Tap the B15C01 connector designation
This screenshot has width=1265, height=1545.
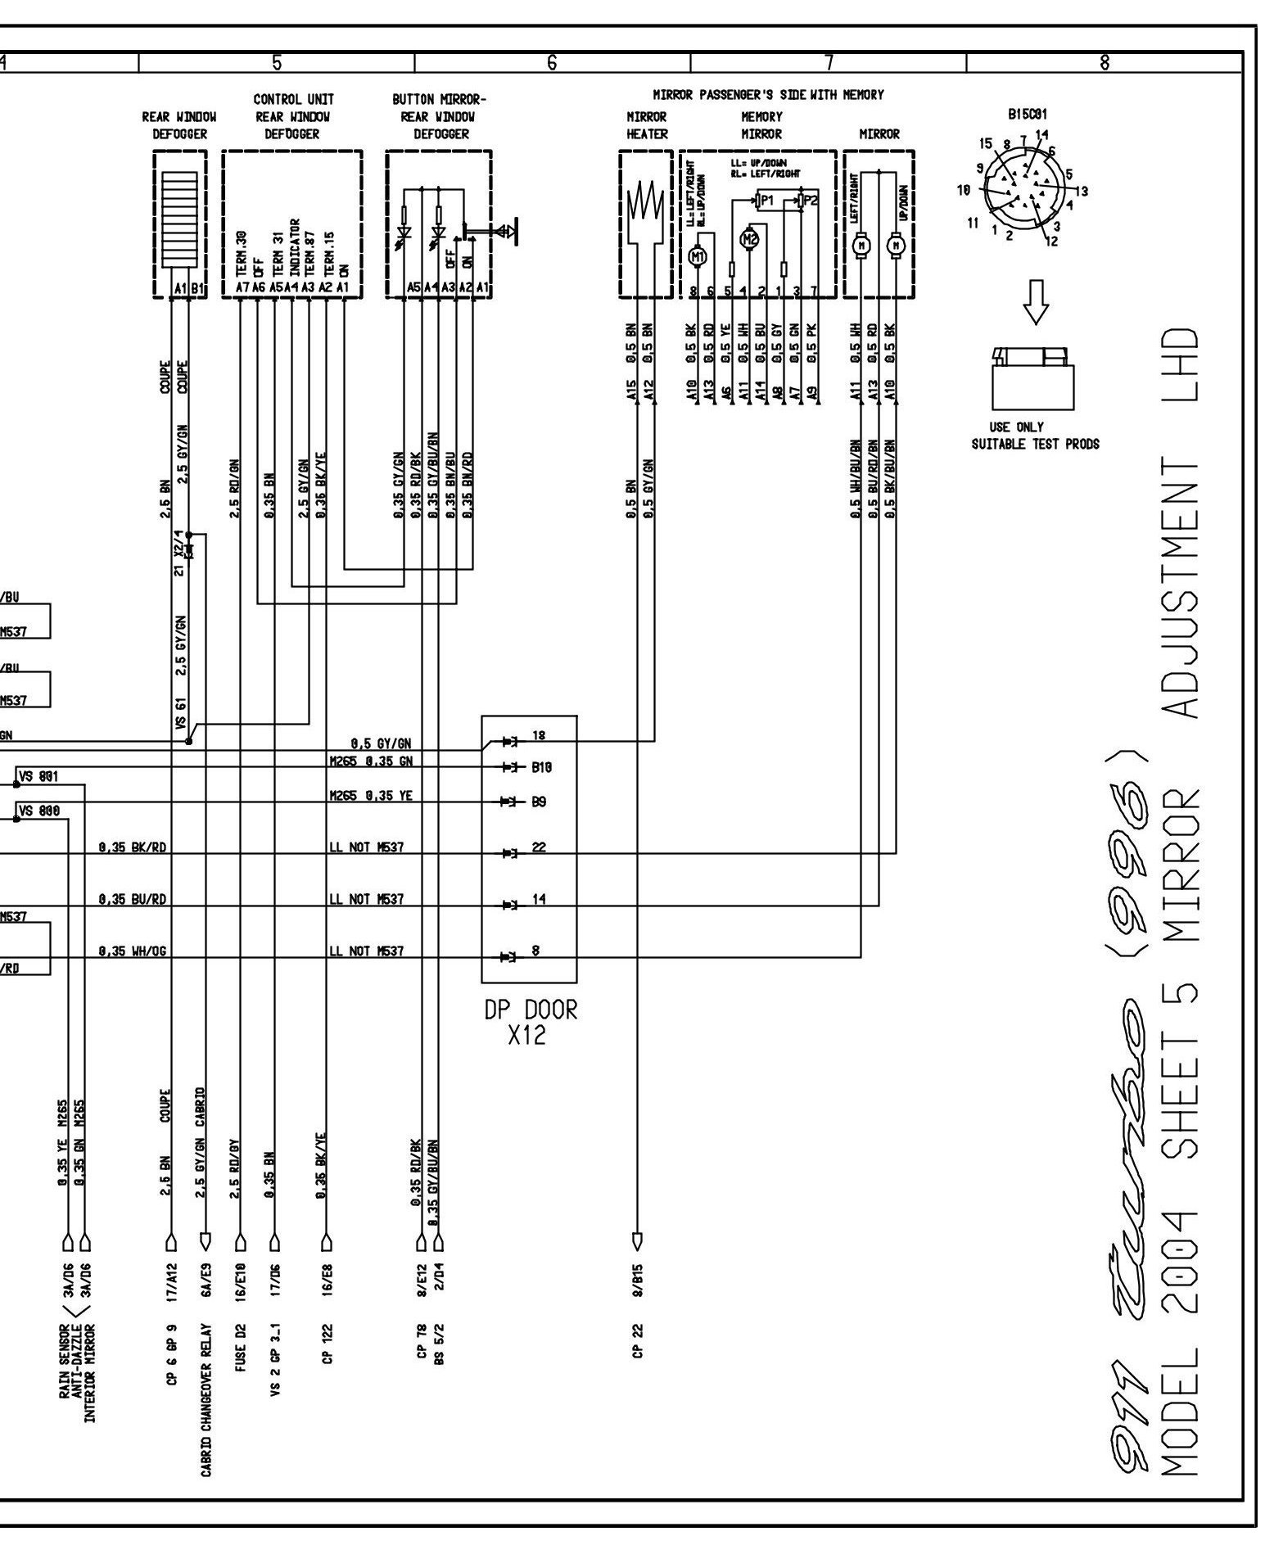click(x=1028, y=115)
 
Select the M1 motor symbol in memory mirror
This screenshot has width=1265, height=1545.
click(x=698, y=256)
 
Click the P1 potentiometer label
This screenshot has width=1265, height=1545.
click(x=767, y=200)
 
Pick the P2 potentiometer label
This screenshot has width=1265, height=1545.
click(x=811, y=200)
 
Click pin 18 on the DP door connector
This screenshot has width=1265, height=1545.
click(x=538, y=735)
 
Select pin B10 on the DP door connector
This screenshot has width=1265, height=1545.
click(x=541, y=768)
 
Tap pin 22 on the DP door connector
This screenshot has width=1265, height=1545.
click(x=538, y=847)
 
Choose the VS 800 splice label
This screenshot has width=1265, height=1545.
click(x=39, y=811)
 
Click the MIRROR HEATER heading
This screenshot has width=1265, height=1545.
click(x=646, y=125)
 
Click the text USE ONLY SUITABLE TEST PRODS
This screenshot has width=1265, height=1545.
click(x=1035, y=436)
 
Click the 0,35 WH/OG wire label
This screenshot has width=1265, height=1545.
click(x=133, y=951)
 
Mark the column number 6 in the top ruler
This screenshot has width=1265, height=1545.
click(x=552, y=61)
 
